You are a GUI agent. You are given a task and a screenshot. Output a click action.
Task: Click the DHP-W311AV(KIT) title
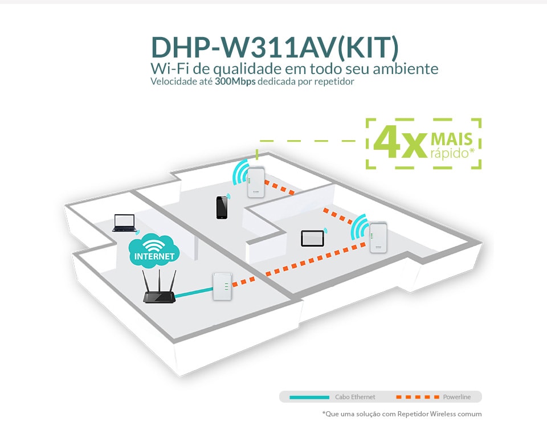coord(275,47)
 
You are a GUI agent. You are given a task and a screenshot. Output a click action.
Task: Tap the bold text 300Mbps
coord(235,81)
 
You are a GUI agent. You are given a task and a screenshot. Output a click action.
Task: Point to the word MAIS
coord(452,139)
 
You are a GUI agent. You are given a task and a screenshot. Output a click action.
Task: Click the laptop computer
coord(124,223)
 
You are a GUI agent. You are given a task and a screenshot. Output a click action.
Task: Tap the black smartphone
coord(222,207)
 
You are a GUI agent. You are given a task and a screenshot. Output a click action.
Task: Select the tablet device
coord(313,238)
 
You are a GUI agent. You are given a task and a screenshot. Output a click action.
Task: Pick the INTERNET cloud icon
coord(154,251)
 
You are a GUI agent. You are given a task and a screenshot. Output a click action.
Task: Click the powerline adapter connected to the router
coord(222,287)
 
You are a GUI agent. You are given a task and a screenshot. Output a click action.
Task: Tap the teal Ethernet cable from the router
coord(194,292)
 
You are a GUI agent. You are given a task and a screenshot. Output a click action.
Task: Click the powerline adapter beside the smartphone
coord(256,182)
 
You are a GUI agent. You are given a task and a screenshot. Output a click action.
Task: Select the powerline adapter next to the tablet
coord(378,237)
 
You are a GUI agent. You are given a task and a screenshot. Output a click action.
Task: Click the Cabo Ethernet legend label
coord(355,397)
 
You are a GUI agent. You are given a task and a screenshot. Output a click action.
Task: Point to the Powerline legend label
coord(456,397)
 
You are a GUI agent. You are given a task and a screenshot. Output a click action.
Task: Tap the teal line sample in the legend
coord(309,398)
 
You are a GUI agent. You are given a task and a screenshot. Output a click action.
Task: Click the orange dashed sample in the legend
coord(418,398)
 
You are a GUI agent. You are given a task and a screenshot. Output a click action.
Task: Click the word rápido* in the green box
coord(452,153)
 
